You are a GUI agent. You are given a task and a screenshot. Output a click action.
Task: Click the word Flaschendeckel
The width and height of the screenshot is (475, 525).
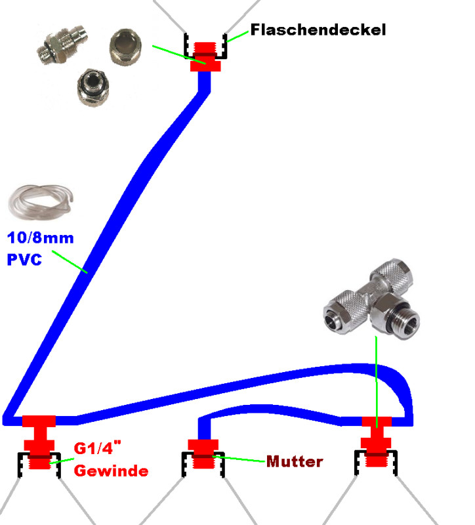coord(318,30)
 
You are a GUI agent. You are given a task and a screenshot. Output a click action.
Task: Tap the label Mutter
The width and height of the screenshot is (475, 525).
coord(295,461)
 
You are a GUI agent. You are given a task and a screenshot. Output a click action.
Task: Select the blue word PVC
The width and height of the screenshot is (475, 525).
coord(24,259)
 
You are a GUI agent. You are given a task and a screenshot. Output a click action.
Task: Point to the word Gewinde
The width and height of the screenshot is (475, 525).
coord(110,471)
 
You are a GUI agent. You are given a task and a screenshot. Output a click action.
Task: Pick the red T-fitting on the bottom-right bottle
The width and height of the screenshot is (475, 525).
coord(377,438)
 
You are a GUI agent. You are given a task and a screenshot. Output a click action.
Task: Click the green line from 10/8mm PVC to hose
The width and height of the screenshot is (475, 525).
coord(70,261)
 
